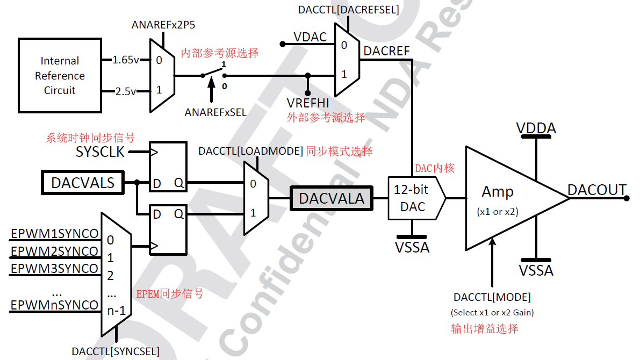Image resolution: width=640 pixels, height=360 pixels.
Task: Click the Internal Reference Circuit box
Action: (x=60, y=76)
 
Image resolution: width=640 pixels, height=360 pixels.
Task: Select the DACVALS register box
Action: (x=82, y=183)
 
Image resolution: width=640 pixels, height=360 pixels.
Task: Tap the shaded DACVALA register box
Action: (x=331, y=198)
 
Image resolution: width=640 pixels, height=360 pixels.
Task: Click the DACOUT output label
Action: (x=596, y=190)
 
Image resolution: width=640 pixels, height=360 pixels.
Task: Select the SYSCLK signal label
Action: (x=100, y=152)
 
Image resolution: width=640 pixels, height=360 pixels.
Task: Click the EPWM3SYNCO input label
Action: (x=55, y=268)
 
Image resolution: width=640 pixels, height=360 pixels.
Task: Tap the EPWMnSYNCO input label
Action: (x=55, y=305)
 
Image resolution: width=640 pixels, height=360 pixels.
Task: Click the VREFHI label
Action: (x=308, y=103)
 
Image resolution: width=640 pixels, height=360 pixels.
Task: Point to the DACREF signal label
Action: (x=386, y=51)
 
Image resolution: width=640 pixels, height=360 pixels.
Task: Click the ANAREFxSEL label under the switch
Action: (x=215, y=112)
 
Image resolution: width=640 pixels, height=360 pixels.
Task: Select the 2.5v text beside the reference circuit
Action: (x=125, y=91)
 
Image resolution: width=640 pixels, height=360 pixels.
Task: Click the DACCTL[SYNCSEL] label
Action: (x=116, y=351)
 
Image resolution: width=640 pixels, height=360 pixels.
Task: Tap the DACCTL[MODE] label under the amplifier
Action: (x=492, y=297)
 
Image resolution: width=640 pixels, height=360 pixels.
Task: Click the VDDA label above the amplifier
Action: (x=536, y=128)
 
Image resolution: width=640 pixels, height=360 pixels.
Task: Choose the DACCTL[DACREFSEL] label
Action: (x=348, y=10)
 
